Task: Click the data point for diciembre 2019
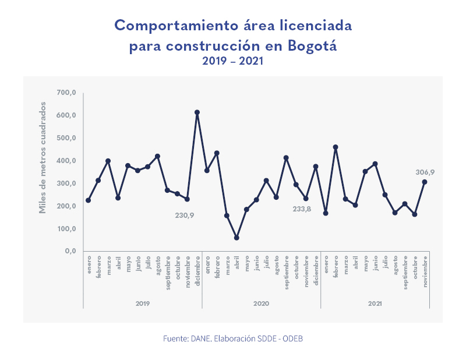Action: point(197,112)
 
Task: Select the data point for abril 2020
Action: point(236,238)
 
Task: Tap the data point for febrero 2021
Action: point(336,147)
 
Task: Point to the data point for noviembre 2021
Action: point(425,182)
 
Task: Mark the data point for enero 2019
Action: point(88,200)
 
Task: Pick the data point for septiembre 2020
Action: point(286,158)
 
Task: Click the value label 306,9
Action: point(425,172)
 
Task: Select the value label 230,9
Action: point(185,215)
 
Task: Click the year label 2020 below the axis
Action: point(262,303)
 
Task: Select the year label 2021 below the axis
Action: point(375,303)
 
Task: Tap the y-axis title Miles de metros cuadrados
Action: point(43,157)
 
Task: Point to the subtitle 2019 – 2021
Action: point(233,61)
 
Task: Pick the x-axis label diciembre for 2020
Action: point(316,271)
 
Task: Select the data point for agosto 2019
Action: point(157,156)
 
